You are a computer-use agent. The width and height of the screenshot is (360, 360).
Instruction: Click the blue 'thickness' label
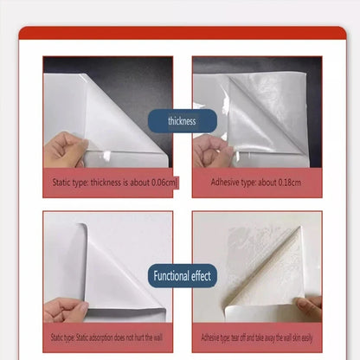[x=183, y=121]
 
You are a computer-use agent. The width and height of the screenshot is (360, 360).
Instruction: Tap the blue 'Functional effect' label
[x=183, y=276]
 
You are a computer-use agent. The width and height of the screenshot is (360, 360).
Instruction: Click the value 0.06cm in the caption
[x=164, y=183]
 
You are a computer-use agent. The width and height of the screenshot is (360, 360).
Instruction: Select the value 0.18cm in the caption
[x=289, y=183]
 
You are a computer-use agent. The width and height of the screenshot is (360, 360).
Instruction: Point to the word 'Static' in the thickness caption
[x=61, y=183]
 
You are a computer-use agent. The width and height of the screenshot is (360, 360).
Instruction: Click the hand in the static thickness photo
[x=65, y=150]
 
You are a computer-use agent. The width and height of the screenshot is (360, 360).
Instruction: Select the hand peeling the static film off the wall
[x=65, y=310]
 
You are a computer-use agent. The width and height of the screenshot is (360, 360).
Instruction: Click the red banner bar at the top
[x=183, y=33]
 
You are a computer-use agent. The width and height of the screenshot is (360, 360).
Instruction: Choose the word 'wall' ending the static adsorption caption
[x=157, y=337]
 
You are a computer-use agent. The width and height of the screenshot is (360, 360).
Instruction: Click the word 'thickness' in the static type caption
[x=106, y=183]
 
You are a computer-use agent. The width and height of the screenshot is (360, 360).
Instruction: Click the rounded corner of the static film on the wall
[x=83, y=226]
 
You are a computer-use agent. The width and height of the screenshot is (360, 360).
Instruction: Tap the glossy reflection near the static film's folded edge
[x=107, y=156]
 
